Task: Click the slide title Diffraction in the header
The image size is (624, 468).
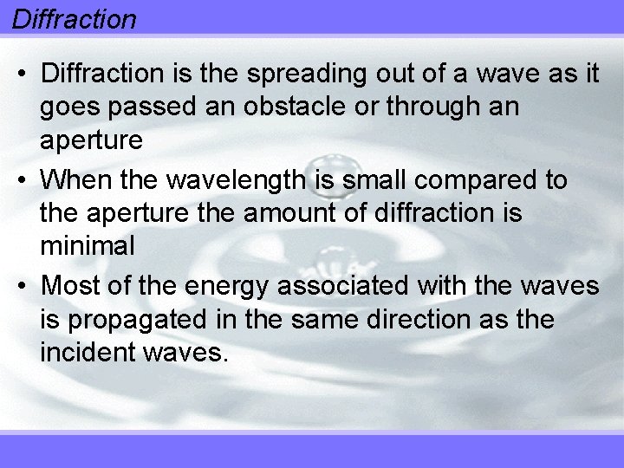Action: coord(75,19)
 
